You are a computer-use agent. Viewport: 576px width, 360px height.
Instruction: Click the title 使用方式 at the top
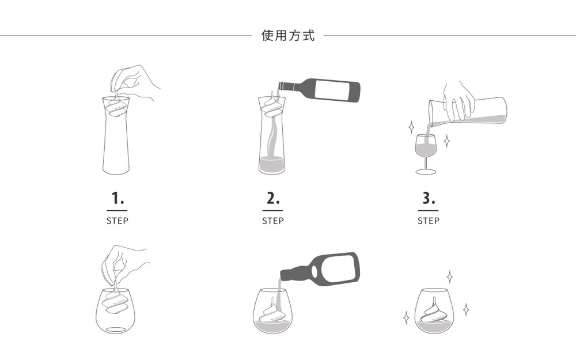coord(288,36)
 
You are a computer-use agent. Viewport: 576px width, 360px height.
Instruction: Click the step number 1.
coord(117,198)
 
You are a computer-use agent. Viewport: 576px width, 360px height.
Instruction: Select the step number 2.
coord(272,198)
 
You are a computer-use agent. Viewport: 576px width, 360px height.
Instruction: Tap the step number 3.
coord(429,198)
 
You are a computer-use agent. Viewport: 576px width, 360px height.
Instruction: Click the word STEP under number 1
coord(117,221)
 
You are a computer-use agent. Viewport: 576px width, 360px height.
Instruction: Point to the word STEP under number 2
coord(272,221)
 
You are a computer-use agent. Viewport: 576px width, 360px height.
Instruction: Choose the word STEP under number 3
coord(429,221)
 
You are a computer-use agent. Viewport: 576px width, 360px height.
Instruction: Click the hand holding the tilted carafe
coord(458,100)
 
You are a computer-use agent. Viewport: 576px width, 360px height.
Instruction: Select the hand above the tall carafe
coord(135,84)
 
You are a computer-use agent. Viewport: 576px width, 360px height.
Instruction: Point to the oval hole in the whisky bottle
coord(314,271)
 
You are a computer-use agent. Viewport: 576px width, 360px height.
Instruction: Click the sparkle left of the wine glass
coord(411,127)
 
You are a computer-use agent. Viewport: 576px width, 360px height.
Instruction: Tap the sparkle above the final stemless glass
coord(449,276)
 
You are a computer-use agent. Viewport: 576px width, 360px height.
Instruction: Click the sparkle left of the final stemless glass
coord(406,317)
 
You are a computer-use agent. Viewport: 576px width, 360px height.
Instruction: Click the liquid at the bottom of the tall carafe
coord(271,165)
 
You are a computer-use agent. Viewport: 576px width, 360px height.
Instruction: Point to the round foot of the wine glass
coord(426,172)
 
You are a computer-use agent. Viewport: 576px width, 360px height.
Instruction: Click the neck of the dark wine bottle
coord(289,86)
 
